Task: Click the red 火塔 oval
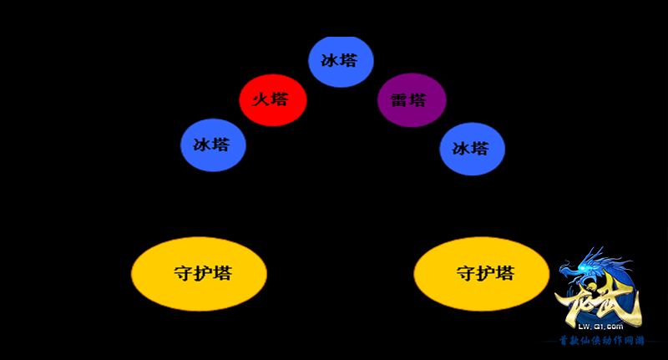[273, 99]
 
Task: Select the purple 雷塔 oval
[412, 100]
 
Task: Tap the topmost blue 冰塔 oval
[341, 61]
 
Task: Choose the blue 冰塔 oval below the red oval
[213, 145]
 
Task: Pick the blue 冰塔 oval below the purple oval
[473, 149]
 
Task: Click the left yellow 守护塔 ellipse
[199, 274]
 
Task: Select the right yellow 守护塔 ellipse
[481, 274]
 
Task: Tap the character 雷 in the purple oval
[399, 101]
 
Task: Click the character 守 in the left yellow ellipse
[183, 274]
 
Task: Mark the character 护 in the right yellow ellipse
[485, 274]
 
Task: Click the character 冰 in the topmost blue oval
[329, 61]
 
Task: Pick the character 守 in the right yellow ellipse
[465, 274]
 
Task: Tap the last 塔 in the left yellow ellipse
[222, 274]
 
